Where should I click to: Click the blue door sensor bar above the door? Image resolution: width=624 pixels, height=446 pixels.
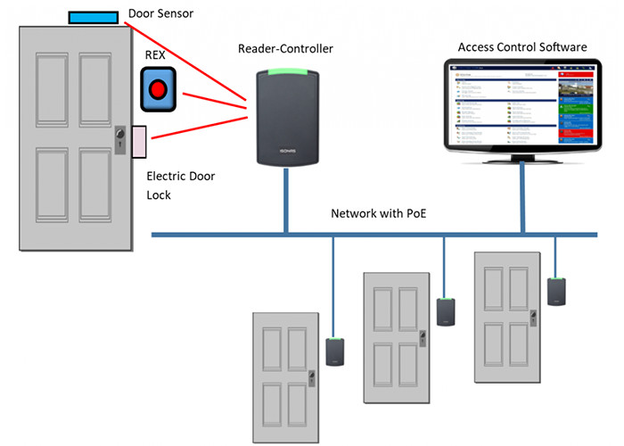point(93,17)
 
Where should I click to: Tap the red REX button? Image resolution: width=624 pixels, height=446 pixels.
point(160,88)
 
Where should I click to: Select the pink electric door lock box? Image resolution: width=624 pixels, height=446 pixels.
point(139,142)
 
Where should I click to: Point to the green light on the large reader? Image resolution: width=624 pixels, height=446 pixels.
point(285,72)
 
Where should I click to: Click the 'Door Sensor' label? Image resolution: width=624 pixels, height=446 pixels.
point(161,13)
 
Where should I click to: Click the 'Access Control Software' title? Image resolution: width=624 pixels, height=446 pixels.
point(521,46)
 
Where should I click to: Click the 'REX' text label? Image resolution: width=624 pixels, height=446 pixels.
point(156,54)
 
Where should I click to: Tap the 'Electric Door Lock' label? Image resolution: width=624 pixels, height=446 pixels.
point(180,185)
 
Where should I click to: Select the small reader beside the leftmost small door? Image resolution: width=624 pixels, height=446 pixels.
point(335,351)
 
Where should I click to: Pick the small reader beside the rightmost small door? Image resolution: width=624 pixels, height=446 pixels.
point(557,291)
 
